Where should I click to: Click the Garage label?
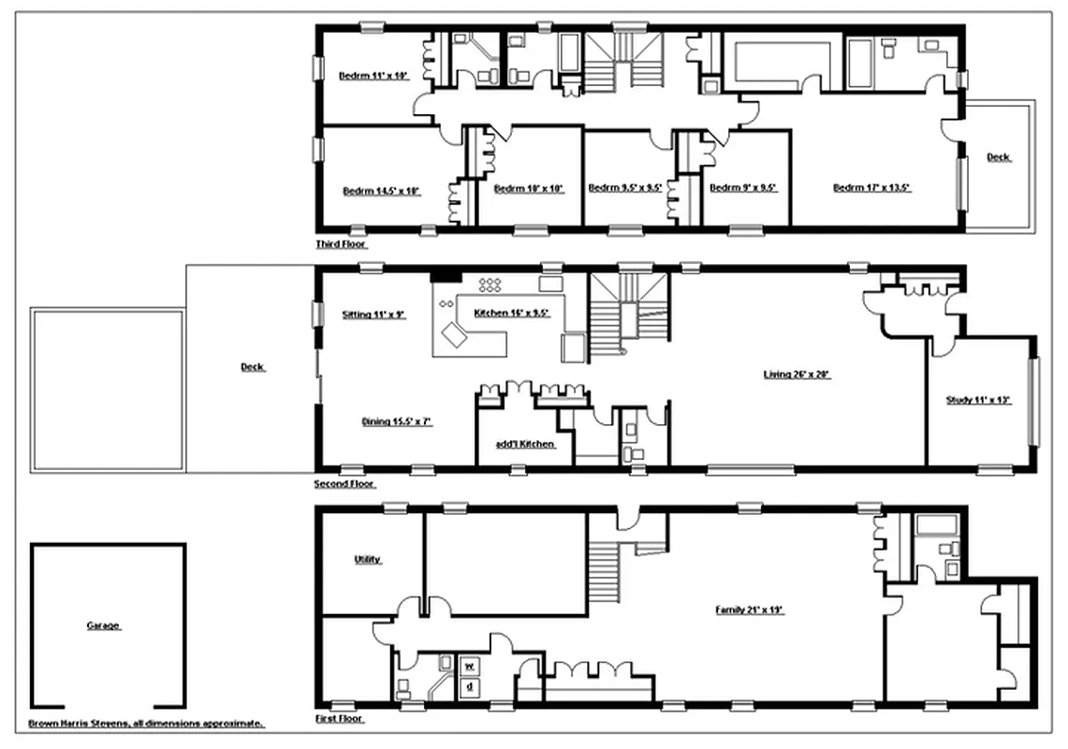tap(103, 625)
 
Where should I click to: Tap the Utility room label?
tap(367, 560)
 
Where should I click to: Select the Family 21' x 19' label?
tap(749, 610)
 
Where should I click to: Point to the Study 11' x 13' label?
tap(978, 400)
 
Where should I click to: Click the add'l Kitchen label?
tap(525, 444)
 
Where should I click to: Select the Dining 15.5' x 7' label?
tap(396, 421)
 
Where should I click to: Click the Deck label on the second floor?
tap(252, 367)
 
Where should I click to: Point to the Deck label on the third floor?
tap(999, 157)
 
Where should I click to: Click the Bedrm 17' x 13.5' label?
tap(871, 188)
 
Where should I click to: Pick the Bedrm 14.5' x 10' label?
tap(381, 191)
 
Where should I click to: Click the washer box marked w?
tap(469, 666)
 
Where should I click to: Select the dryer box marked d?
tap(469, 686)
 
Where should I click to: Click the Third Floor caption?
tap(342, 243)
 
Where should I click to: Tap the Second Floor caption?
tap(344, 484)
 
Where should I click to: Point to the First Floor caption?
tap(340, 719)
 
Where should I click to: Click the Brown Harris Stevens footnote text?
tap(146, 723)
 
